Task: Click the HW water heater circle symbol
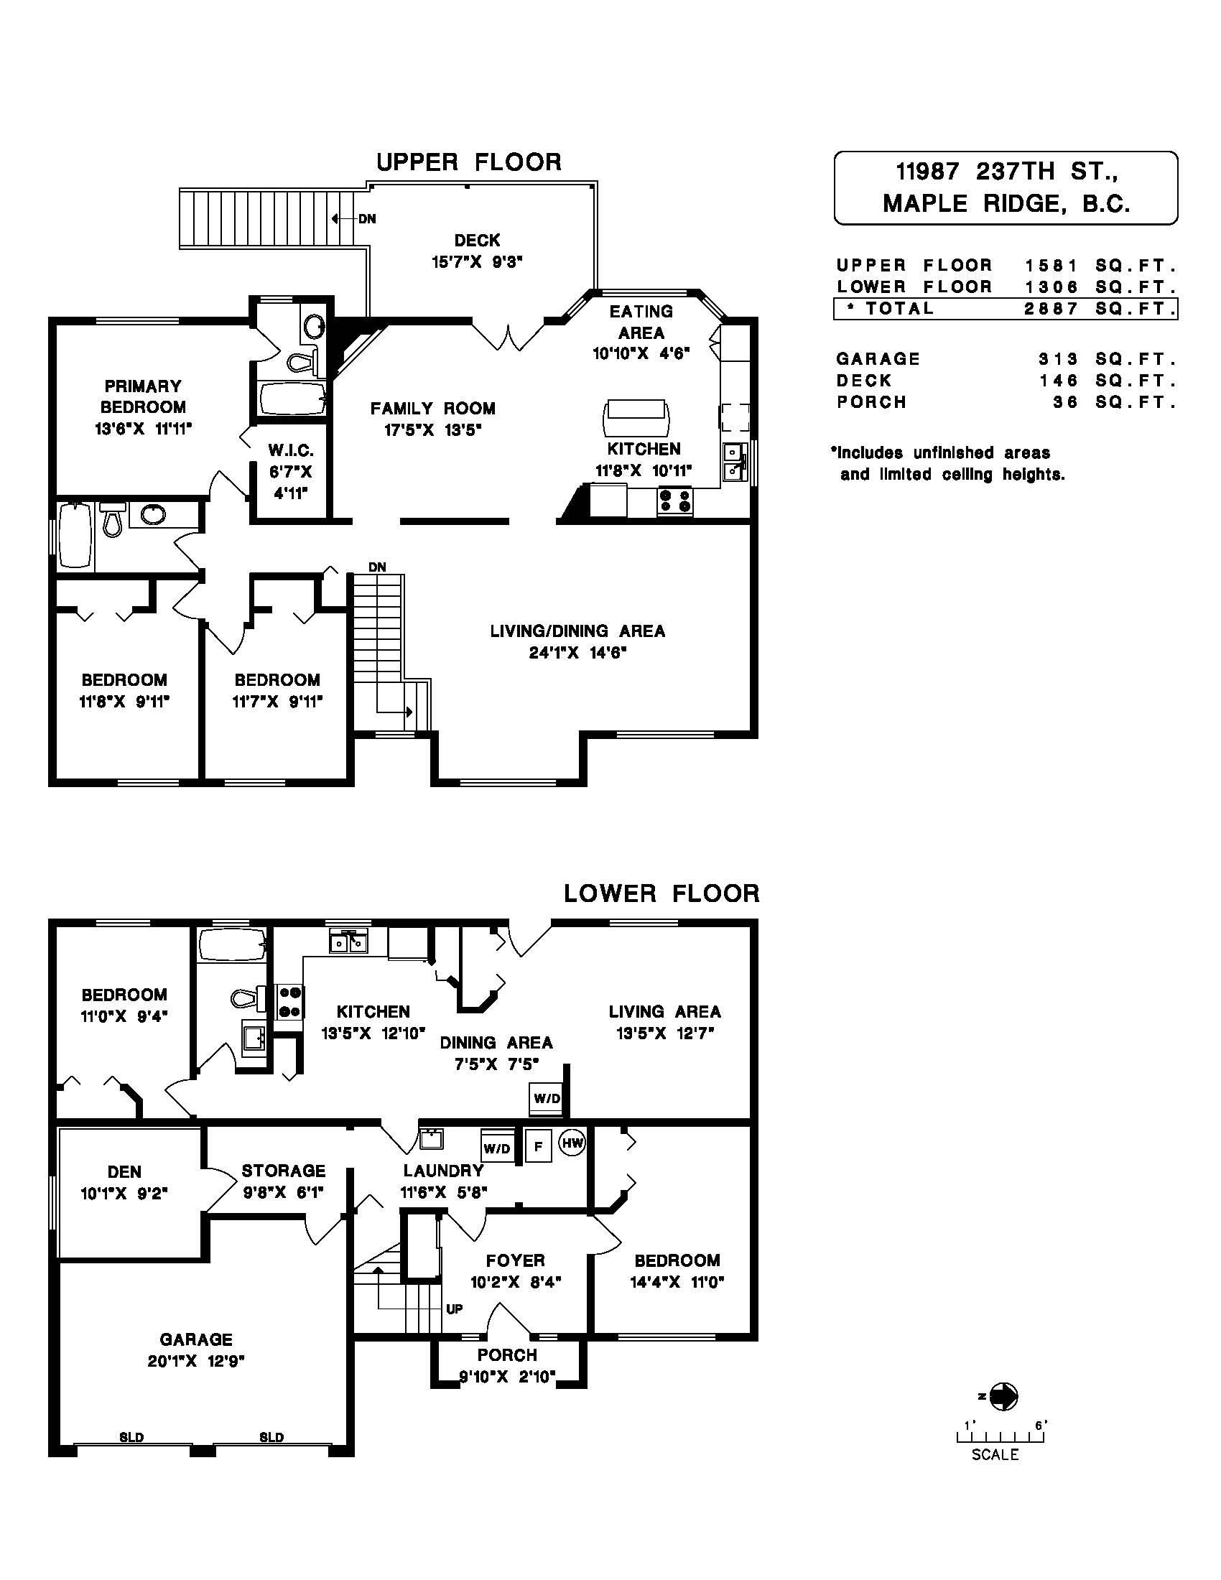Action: (x=573, y=1143)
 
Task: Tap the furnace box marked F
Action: (x=538, y=1146)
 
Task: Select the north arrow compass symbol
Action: (x=1003, y=1396)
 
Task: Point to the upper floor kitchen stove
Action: (x=675, y=501)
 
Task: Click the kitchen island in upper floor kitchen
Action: (x=636, y=418)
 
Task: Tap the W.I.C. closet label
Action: (x=291, y=451)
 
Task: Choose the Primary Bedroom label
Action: (x=143, y=396)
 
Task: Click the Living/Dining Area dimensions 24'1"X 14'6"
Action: (x=577, y=654)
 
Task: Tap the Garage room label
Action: (x=196, y=1340)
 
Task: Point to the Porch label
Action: (x=507, y=1355)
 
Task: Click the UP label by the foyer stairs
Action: (x=454, y=1309)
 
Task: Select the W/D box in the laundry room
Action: (x=497, y=1148)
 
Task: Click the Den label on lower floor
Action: (x=124, y=1172)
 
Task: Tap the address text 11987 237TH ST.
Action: (x=1006, y=172)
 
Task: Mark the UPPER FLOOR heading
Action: (x=469, y=162)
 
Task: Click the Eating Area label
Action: (x=641, y=322)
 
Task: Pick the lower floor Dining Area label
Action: (x=496, y=1043)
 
